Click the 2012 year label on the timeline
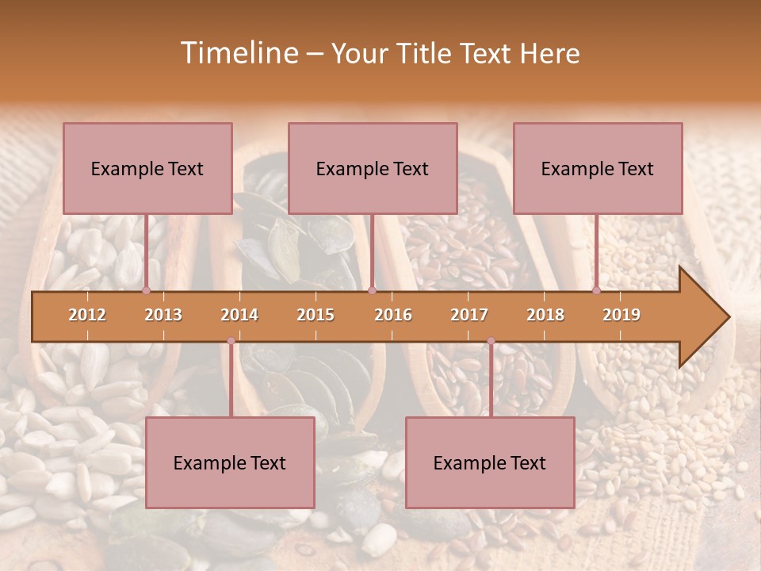pyautogui.click(x=87, y=315)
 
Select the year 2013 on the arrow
pyautogui.click(x=163, y=315)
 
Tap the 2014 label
pyautogui.click(x=239, y=315)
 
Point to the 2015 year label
pyautogui.click(x=315, y=315)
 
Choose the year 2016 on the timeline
pyautogui.click(x=393, y=315)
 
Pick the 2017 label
pyautogui.click(x=469, y=315)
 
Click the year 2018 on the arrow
pyautogui.click(x=545, y=315)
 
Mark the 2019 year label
pyautogui.click(x=621, y=315)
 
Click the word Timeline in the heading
pyautogui.click(x=238, y=53)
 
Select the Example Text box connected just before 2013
pyautogui.click(x=147, y=168)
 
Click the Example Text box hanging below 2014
pyautogui.click(x=230, y=462)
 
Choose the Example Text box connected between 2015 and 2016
pyautogui.click(x=373, y=168)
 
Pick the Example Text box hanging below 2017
pyautogui.click(x=490, y=462)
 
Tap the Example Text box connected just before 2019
pyautogui.click(x=598, y=168)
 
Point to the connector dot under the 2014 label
pyautogui.click(x=231, y=341)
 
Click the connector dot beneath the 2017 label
pyautogui.click(x=491, y=341)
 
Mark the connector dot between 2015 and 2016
pyautogui.click(x=373, y=290)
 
